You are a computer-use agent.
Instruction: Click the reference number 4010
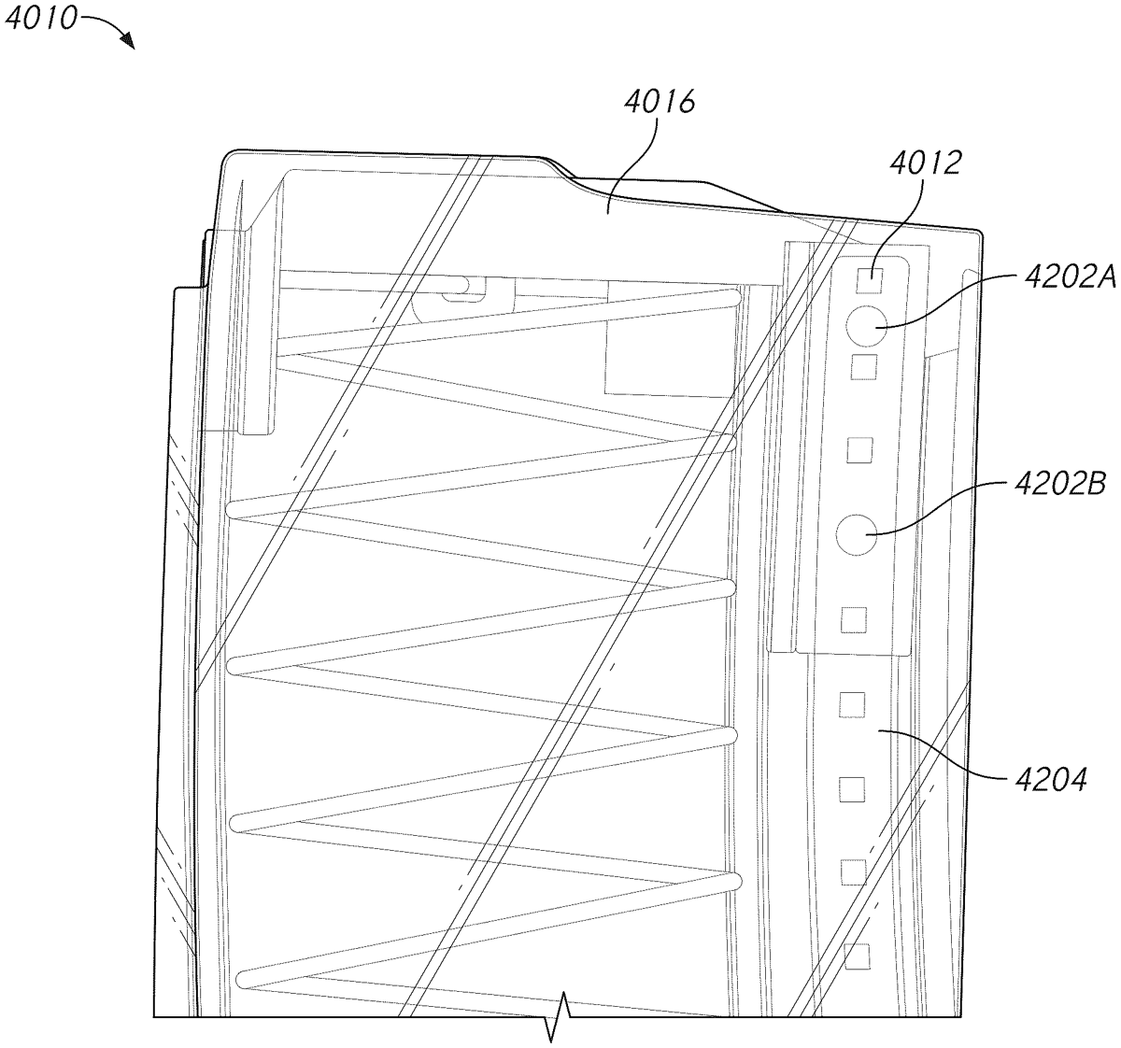click(x=40, y=18)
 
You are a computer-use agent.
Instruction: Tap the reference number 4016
click(x=660, y=102)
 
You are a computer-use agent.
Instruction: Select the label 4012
click(x=925, y=163)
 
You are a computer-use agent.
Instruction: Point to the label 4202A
click(x=1071, y=277)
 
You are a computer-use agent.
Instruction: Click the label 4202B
click(x=1060, y=484)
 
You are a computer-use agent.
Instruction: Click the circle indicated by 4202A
click(x=866, y=326)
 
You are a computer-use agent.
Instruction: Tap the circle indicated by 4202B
click(x=857, y=534)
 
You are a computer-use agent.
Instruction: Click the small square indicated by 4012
click(x=870, y=280)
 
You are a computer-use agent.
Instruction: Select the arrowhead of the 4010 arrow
click(x=128, y=42)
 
